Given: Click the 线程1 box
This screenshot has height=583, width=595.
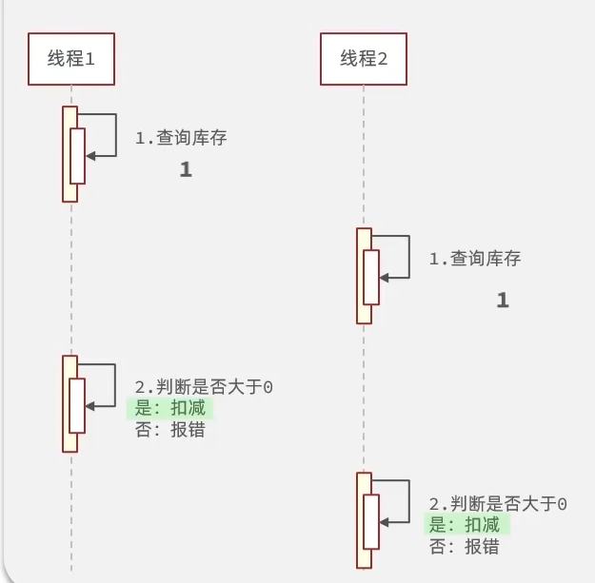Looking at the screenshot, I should tap(72, 59).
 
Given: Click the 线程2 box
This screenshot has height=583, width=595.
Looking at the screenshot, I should tap(365, 59).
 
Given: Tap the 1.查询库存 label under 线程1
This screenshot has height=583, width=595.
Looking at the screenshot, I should tap(181, 138).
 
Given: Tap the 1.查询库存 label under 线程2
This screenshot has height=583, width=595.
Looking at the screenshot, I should tap(475, 259).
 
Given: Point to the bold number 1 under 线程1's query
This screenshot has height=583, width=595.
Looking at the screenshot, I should tap(186, 171).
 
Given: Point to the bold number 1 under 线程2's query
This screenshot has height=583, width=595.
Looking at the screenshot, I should tap(503, 301).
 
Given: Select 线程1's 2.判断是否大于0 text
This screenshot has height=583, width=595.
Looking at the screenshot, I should tap(205, 387).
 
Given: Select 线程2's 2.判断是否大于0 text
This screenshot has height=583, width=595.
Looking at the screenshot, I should tap(498, 504).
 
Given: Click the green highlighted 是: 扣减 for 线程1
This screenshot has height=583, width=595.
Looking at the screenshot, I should tap(169, 408).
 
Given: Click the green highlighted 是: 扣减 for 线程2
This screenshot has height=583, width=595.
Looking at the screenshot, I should tap(465, 525).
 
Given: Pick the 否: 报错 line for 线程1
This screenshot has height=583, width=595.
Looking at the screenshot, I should tap(169, 429).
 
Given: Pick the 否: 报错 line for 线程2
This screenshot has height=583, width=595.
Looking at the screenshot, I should tap(465, 547).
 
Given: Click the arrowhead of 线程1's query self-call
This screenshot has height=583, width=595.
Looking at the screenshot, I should tap(90, 158).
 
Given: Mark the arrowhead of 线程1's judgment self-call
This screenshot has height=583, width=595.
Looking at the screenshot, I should tap(90, 406).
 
